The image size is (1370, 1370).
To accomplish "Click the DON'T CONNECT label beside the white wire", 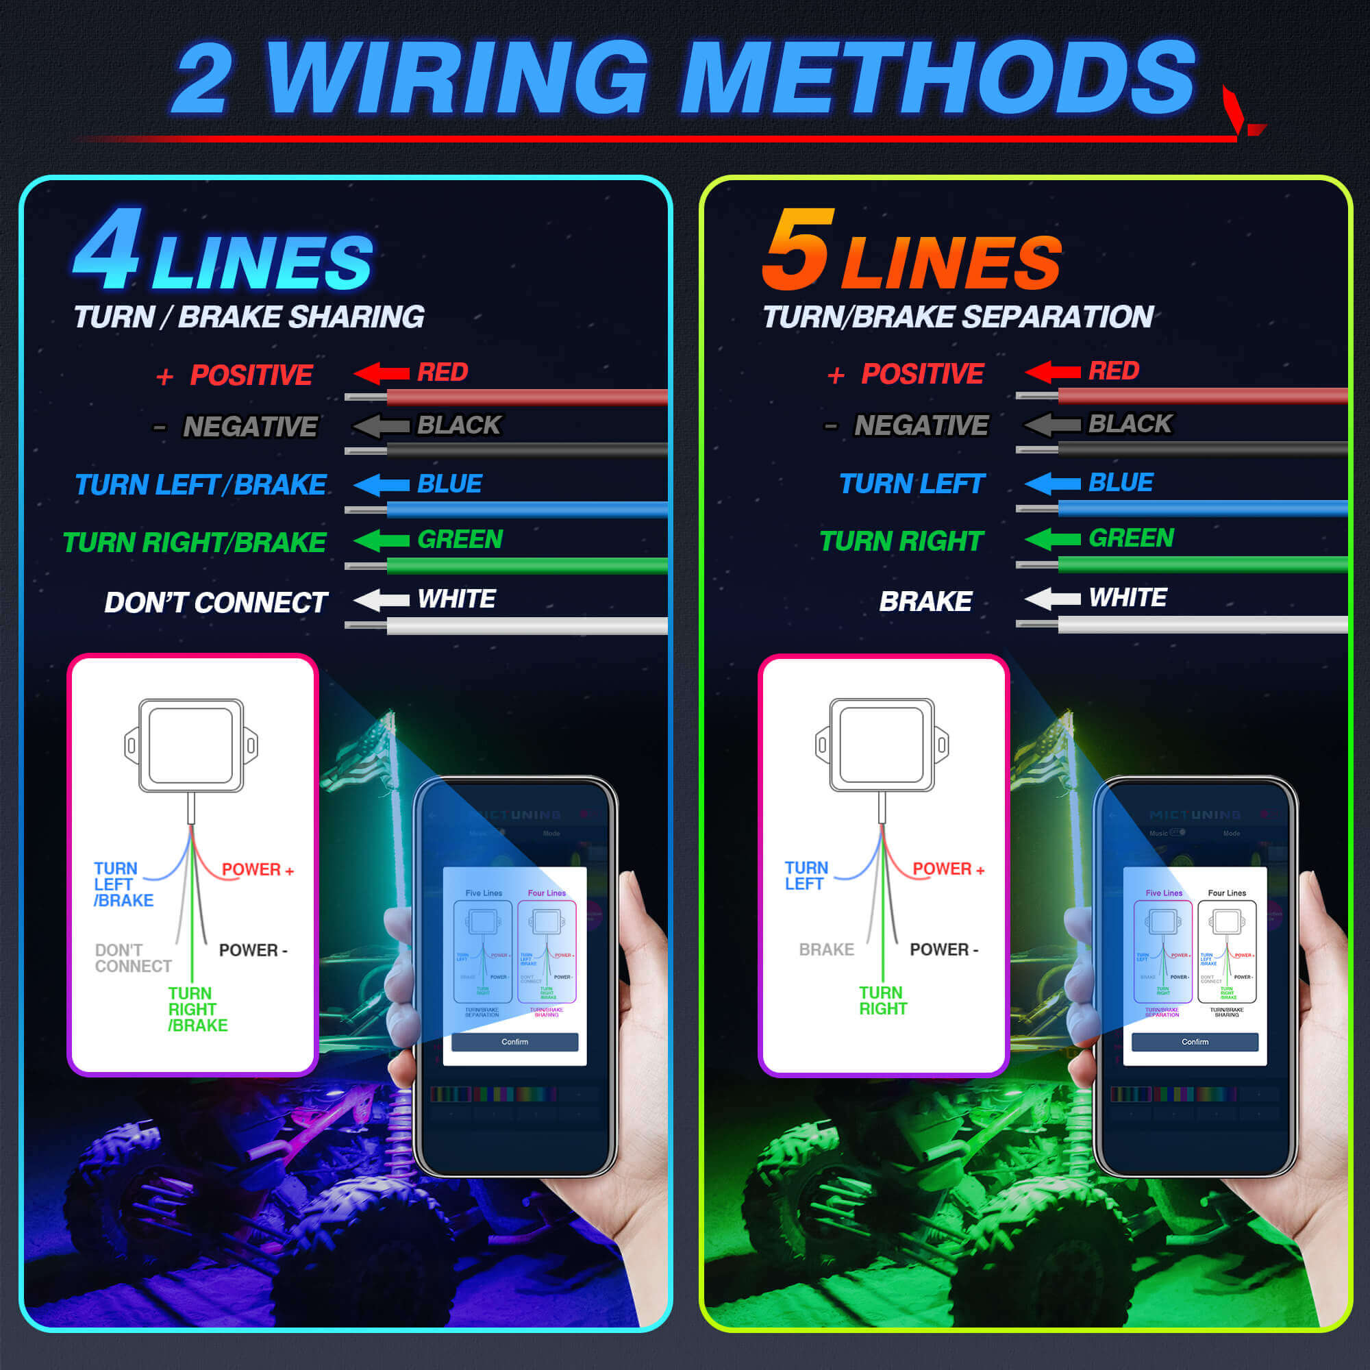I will coord(216,603).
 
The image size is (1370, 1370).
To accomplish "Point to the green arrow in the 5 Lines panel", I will coord(1052,540).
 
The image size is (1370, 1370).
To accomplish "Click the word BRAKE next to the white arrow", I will coord(925,601).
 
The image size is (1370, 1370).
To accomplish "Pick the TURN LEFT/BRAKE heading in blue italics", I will coord(200,485).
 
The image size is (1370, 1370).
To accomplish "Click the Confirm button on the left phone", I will coord(515,1042).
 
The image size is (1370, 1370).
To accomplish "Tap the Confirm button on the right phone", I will coord(1195,1042).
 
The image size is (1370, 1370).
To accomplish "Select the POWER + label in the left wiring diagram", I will coord(258,869).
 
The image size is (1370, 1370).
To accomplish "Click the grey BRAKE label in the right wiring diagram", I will coord(826,949).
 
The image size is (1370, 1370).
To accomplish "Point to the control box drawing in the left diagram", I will coord(190,745).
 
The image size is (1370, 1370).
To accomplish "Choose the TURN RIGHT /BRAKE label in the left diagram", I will coord(197,1009).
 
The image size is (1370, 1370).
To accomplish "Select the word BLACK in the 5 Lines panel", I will coord(1130,424).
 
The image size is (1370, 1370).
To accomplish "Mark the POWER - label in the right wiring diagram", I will coord(943,949).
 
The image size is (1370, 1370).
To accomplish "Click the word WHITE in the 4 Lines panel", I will coord(456,599).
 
